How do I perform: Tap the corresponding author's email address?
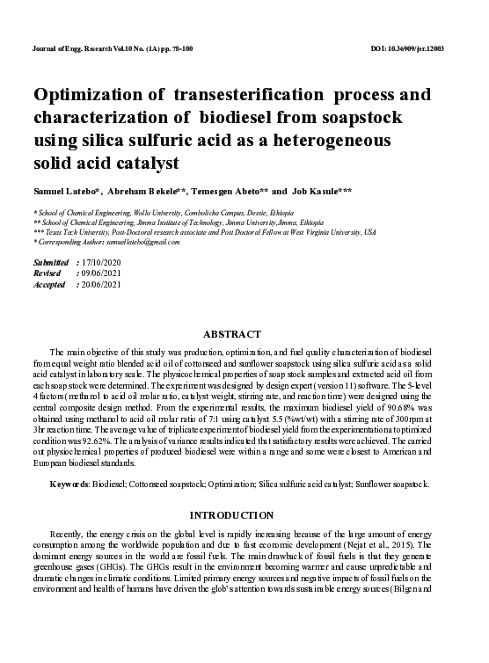click(x=129, y=241)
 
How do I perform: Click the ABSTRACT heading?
click(x=232, y=334)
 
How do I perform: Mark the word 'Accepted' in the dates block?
click(x=49, y=285)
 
